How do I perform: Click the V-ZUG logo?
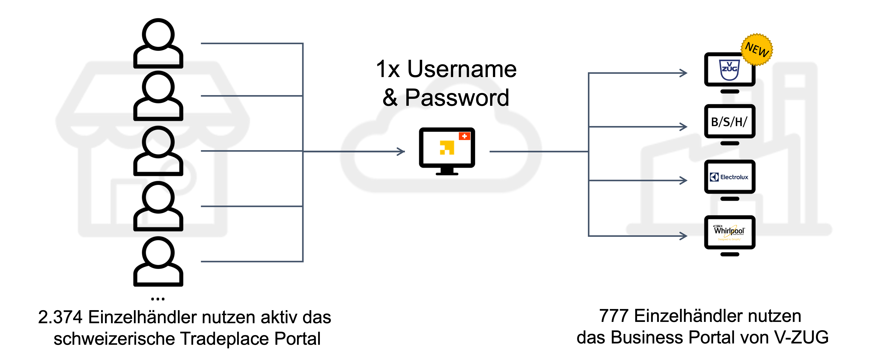pyautogui.click(x=729, y=69)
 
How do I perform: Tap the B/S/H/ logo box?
pyautogui.click(x=729, y=122)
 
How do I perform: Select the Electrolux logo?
pyautogui.click(x=729, y=177)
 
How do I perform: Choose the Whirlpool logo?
pyautogui.click(x=729, y=231)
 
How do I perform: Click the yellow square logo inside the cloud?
pyautogui.click(x=447, y=148)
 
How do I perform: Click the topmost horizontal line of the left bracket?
pyautogui.click(x=251, y=44)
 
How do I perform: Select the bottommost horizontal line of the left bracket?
pyautogui.click(x=251, y=261)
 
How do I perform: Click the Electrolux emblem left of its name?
pyautogui.click(x=714, y=177)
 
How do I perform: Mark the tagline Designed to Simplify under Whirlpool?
pyautogui.click(x=729, y=239)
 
